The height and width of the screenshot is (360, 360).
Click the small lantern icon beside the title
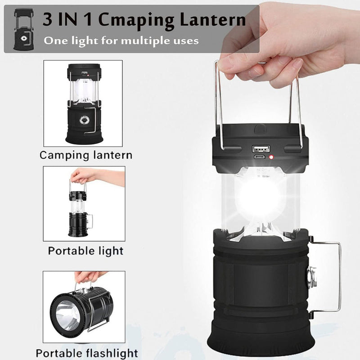pyautogui.click(x=22, y=29)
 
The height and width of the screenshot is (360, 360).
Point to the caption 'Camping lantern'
pyautogui.click(x=86, y=155)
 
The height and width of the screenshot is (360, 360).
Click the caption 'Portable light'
pyautogui.click(x=85, y=250)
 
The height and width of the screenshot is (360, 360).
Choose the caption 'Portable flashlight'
pyautogui.click(x=87, y=353)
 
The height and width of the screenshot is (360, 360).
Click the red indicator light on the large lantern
pyautogui.click(x=272, y=157)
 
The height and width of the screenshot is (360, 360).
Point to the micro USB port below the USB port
pyautogui.click(x=260, y=158)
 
